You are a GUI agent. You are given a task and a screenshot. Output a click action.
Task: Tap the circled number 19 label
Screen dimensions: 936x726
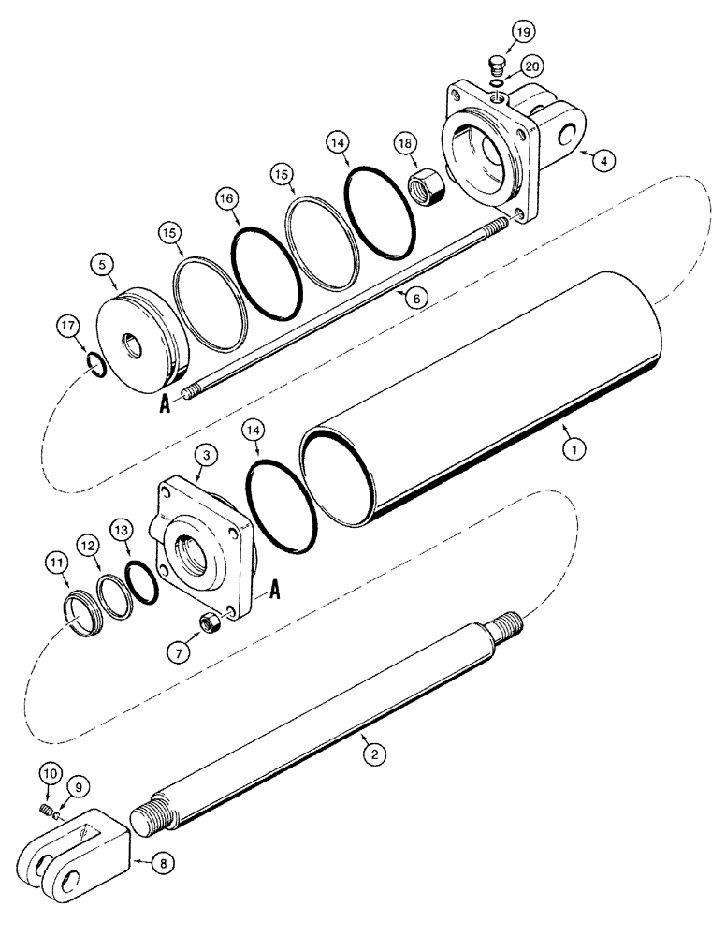520,34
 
